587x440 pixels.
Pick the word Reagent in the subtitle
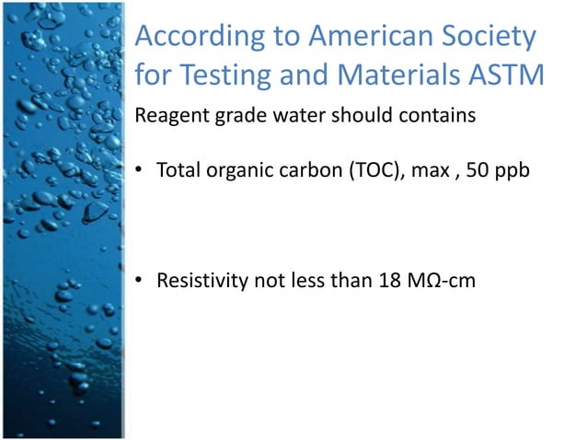click(169, 118)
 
